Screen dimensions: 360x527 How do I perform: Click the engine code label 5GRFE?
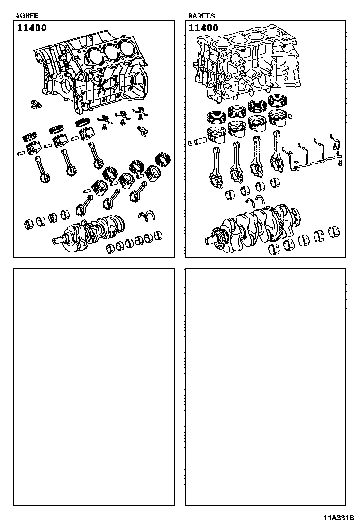[x=27, y=16]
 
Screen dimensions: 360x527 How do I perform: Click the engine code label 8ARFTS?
[x=201, y=16]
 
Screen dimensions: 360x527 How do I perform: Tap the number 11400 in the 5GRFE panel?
[x=32, y=28]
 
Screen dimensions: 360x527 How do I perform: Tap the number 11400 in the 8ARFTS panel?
[x=204, y=28]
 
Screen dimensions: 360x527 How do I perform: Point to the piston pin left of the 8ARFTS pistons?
[x=199, y=141]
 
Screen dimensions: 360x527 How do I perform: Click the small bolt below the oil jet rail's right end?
[x=340, y=164]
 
